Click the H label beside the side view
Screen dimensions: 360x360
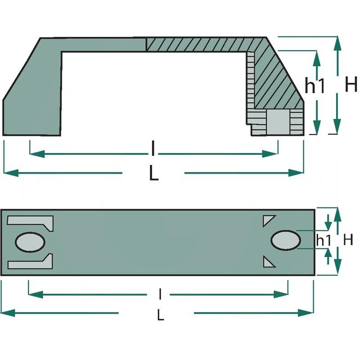(x=351, y=84)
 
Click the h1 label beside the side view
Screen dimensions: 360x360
(x=315, y=85)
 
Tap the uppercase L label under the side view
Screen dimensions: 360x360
(x=153, y=173)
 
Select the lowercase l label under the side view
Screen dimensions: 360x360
(x=153, y=148)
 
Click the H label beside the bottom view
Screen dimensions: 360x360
(x=348, y=240)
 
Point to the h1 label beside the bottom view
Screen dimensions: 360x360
(x=324, y=240)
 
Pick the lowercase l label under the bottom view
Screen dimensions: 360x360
(x=160, y=294)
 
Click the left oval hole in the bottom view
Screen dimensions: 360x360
(x=30, y=242)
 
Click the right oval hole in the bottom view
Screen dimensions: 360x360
(x=286, y=240)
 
